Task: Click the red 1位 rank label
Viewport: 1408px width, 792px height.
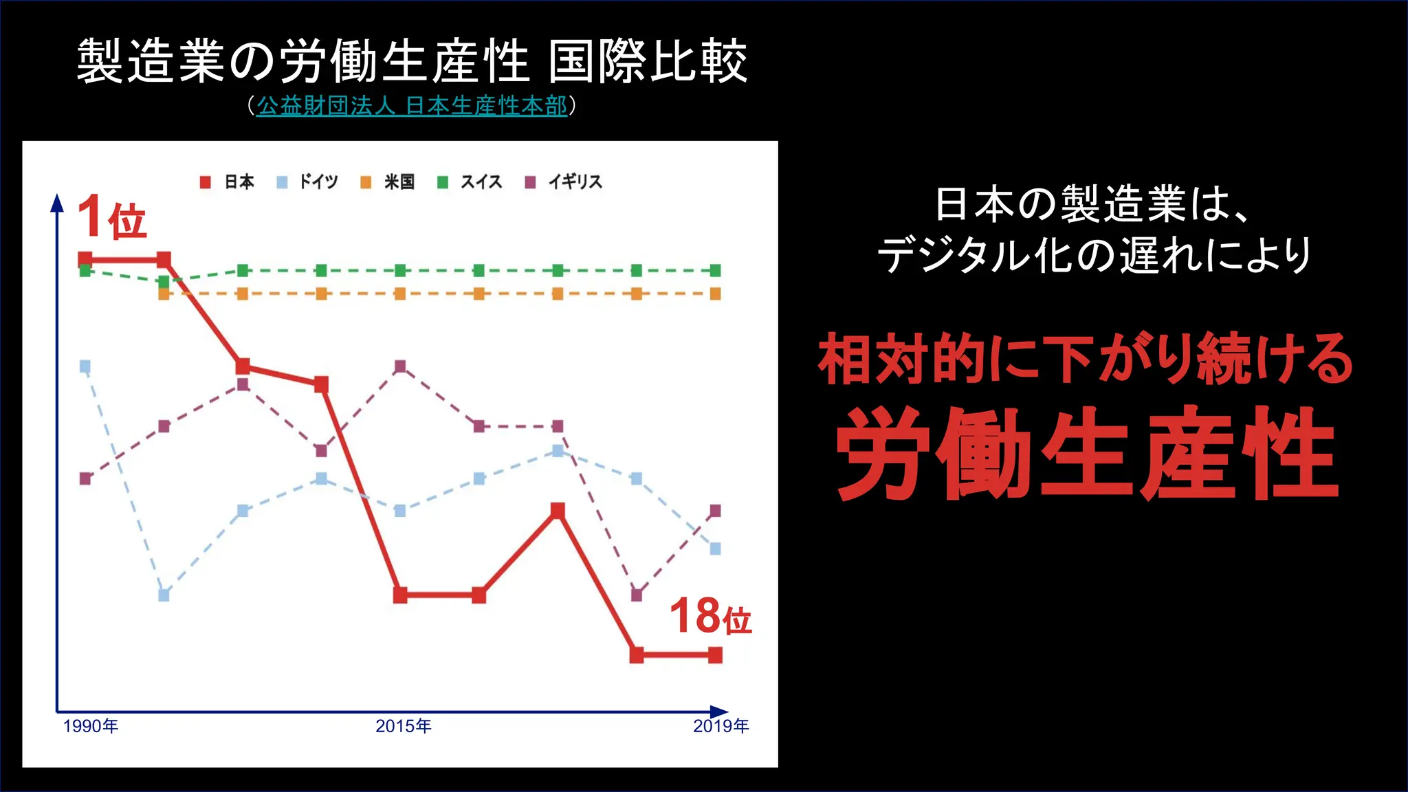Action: (x=112, y=217)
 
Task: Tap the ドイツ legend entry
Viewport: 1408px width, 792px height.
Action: (x=308, y=182)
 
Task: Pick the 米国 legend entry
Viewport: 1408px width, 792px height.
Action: (x=388, y=182)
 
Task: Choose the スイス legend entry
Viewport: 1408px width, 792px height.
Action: (x=470, y=182)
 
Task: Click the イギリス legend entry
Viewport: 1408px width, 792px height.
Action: (x=564, y=182)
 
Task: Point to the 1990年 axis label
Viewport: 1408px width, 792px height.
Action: (x=91, y=726)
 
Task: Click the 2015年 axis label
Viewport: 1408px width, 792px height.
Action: (x=404, y=726)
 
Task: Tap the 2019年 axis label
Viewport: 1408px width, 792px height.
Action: (x=720, y=726)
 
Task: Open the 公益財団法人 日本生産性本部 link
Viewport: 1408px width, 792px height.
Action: (x=412, y=106)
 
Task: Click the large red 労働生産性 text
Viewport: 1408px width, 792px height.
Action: (x=1087, y=454)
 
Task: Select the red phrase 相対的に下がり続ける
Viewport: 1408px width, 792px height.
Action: (x=1086, y=359)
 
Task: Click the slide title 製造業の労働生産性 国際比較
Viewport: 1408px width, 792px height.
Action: (x=412, y=62)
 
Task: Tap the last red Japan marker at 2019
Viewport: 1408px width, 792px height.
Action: (x=715, y=655)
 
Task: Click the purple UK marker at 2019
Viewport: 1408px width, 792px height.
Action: (x=715, y=511)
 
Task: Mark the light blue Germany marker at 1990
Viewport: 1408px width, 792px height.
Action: (x=85, y=366)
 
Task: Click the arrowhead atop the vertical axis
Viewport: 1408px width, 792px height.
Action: (x=58, y=202)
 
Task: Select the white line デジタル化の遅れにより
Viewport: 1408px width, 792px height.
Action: (x=1094, y=256)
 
